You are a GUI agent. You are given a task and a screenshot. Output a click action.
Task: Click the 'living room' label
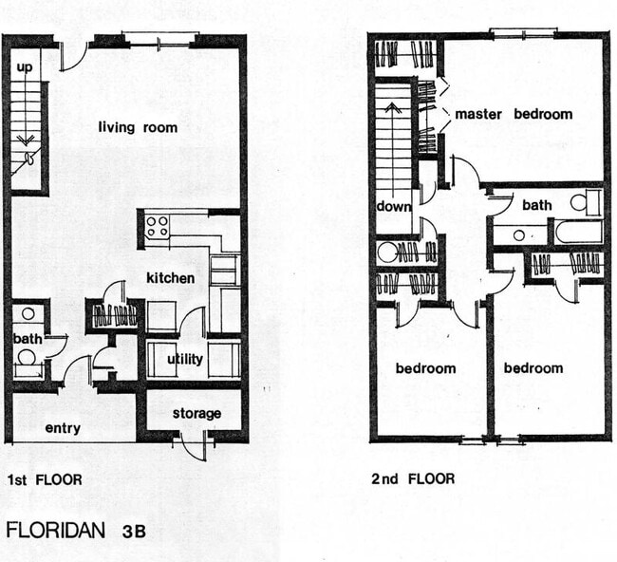click(138, 127)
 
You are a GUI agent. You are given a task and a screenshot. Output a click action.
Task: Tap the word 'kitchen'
click(170, 278)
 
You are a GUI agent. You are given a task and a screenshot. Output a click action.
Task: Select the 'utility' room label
click(185, 359)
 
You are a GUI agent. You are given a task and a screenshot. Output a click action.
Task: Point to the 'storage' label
click(196, 413)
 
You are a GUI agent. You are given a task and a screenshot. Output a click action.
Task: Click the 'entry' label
click(63, 428)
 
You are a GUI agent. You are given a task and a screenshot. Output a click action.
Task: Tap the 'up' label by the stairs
click(25, 68)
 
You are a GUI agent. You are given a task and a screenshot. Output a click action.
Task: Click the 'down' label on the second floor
click(394, 206)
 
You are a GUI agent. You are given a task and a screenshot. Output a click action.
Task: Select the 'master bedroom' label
click(514, 114)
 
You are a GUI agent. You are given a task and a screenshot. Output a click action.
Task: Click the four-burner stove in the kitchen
click(157, 227)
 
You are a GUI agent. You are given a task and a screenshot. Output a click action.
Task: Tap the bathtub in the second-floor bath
click(577, 231)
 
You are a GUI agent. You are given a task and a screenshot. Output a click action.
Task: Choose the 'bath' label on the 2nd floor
click(537, 205)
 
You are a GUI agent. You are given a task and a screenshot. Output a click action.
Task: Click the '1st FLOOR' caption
click(44, 479)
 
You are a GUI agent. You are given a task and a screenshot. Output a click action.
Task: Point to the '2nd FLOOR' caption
click(413, 478)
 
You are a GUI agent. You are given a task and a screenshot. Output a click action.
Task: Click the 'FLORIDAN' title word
click(56, 530)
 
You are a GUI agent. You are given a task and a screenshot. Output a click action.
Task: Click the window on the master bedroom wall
click(523, 35)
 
